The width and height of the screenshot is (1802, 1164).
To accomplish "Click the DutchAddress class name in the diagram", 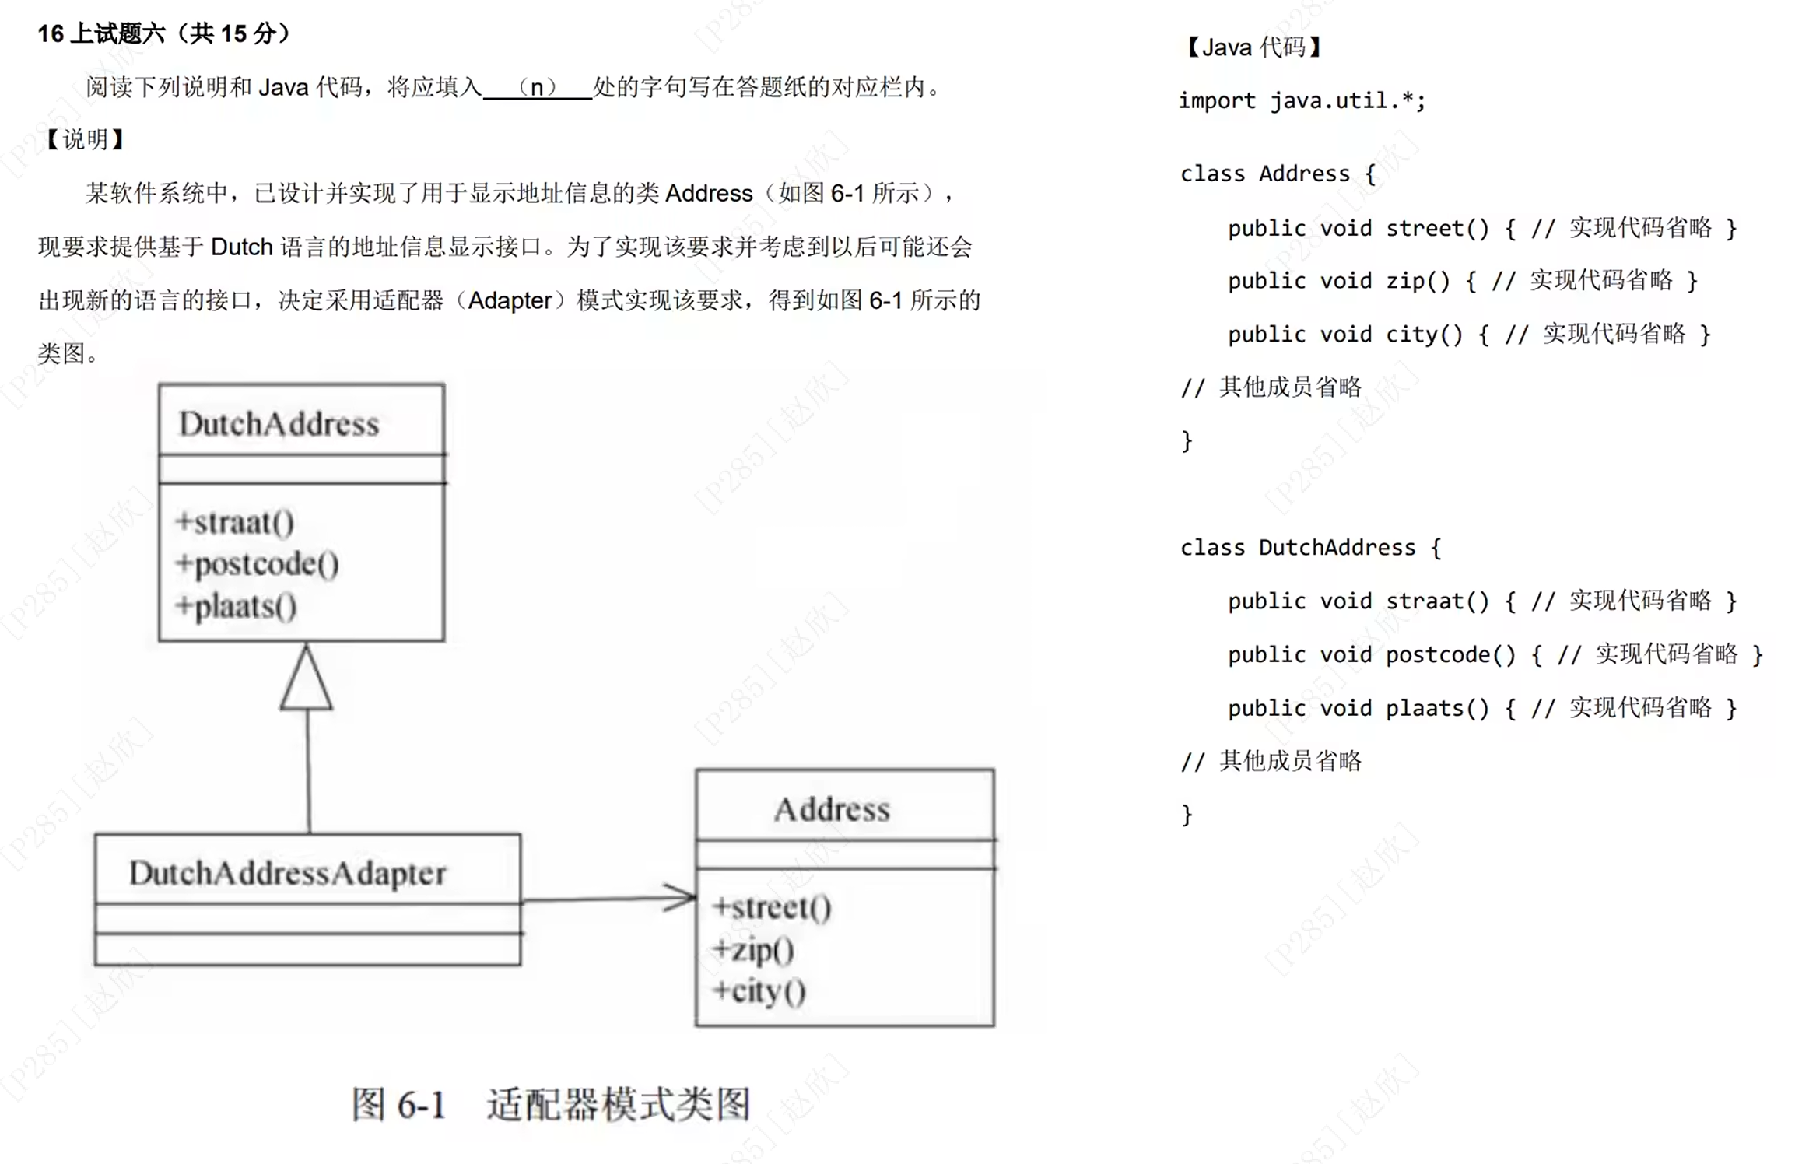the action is (x=279, y=424).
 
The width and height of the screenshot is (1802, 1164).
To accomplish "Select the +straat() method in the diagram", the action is (x=235, y=522).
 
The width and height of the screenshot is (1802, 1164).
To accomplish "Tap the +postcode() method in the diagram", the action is (x=258, y=564).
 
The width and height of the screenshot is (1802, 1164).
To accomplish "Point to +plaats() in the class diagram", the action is (x=237, y=606).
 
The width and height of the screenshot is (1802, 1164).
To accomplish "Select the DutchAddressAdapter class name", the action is (x=288, y=873).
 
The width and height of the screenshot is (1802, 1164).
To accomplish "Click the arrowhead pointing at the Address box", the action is (x=680, y=898).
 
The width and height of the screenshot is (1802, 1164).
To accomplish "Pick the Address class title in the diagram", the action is (x=832, y=809).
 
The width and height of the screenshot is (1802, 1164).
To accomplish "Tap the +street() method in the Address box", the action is (x=772, y=907).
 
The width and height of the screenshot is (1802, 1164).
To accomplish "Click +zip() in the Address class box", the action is (x=753, y=949).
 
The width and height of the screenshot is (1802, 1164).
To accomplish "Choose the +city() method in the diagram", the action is (x=759, y=991).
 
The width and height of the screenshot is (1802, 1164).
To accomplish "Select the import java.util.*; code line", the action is (x=1302, y=101).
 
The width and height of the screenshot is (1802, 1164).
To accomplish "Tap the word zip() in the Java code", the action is (x=1418, y=281).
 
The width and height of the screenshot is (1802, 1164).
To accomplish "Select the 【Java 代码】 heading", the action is (x=1253, y=48).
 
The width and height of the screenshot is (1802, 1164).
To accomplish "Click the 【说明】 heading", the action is (x=85, y=140).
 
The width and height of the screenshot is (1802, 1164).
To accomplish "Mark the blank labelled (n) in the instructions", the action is (x=537, y=87).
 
